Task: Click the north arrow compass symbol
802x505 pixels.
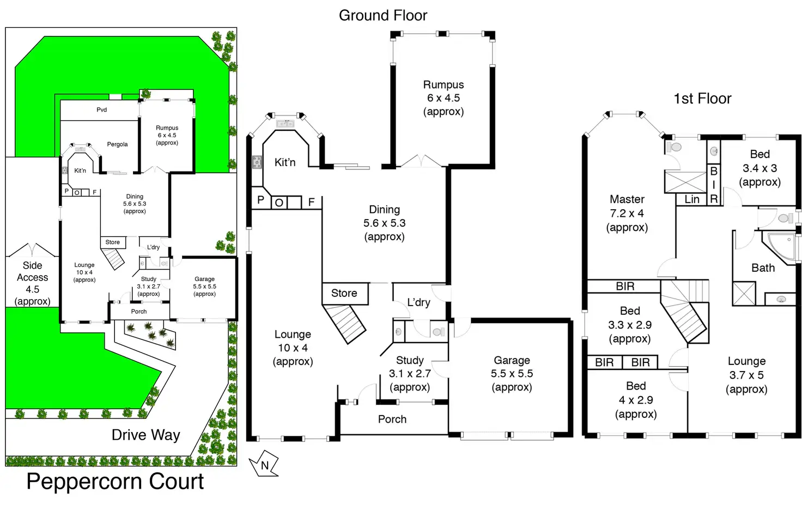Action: coord(264,465)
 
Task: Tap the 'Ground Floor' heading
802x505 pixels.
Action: coord(383,16)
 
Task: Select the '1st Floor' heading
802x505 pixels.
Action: coord(702,99)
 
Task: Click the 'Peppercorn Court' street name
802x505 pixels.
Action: coord(115,482)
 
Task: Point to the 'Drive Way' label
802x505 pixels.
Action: coord(145,435)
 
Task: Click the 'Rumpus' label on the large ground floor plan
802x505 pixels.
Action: coord(443,85)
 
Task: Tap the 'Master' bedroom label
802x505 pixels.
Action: coord(627,199)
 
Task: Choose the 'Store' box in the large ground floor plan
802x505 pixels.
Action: coord(344,293)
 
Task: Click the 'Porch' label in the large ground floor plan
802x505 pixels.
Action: coord(392,419)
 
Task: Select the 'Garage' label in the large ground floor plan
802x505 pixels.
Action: coord(512,360)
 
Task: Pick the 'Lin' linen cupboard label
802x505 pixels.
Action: coord(692,199)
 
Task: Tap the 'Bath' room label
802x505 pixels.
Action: coord(763,267)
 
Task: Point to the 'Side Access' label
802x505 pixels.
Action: coord(32,271)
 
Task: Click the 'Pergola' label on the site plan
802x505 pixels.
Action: coord(117,144)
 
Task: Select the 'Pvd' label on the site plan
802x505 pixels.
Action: coord(102,110)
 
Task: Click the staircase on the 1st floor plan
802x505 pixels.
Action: coord(684,311)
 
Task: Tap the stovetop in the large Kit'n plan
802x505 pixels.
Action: coord(257,162)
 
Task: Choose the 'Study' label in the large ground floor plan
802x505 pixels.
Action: coord(410,360)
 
